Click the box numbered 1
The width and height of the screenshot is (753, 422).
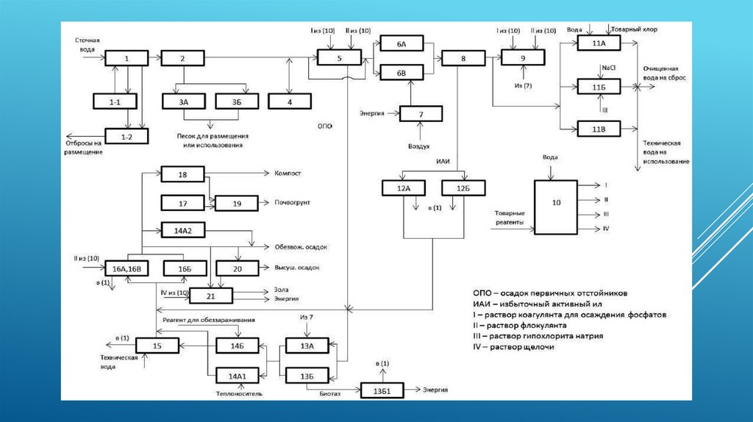[126, 58]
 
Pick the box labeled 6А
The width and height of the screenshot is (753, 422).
[402, 44]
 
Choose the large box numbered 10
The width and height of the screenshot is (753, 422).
[556, 207]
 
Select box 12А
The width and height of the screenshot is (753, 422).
[404, 187]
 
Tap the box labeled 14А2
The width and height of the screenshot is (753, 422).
[182, 230]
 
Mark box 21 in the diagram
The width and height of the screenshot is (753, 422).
[211, 295]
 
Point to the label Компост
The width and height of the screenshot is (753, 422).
[288, 174]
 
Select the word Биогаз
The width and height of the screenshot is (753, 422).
[329, 393]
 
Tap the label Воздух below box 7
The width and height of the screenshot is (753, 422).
[419, 146]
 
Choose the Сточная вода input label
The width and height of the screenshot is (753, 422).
[87, 43]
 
